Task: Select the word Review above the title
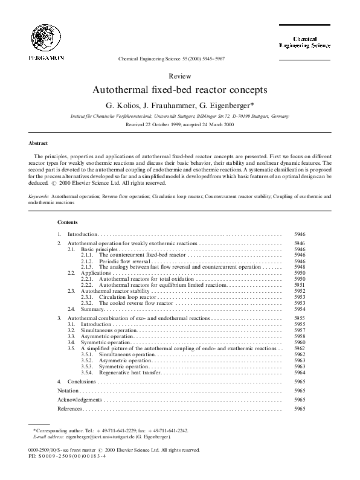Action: click(x=180, y=76)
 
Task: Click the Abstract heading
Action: click(x=39, y=143)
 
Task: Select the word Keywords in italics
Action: click(x=40, y=197)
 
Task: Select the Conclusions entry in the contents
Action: click(x=82, y=382)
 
